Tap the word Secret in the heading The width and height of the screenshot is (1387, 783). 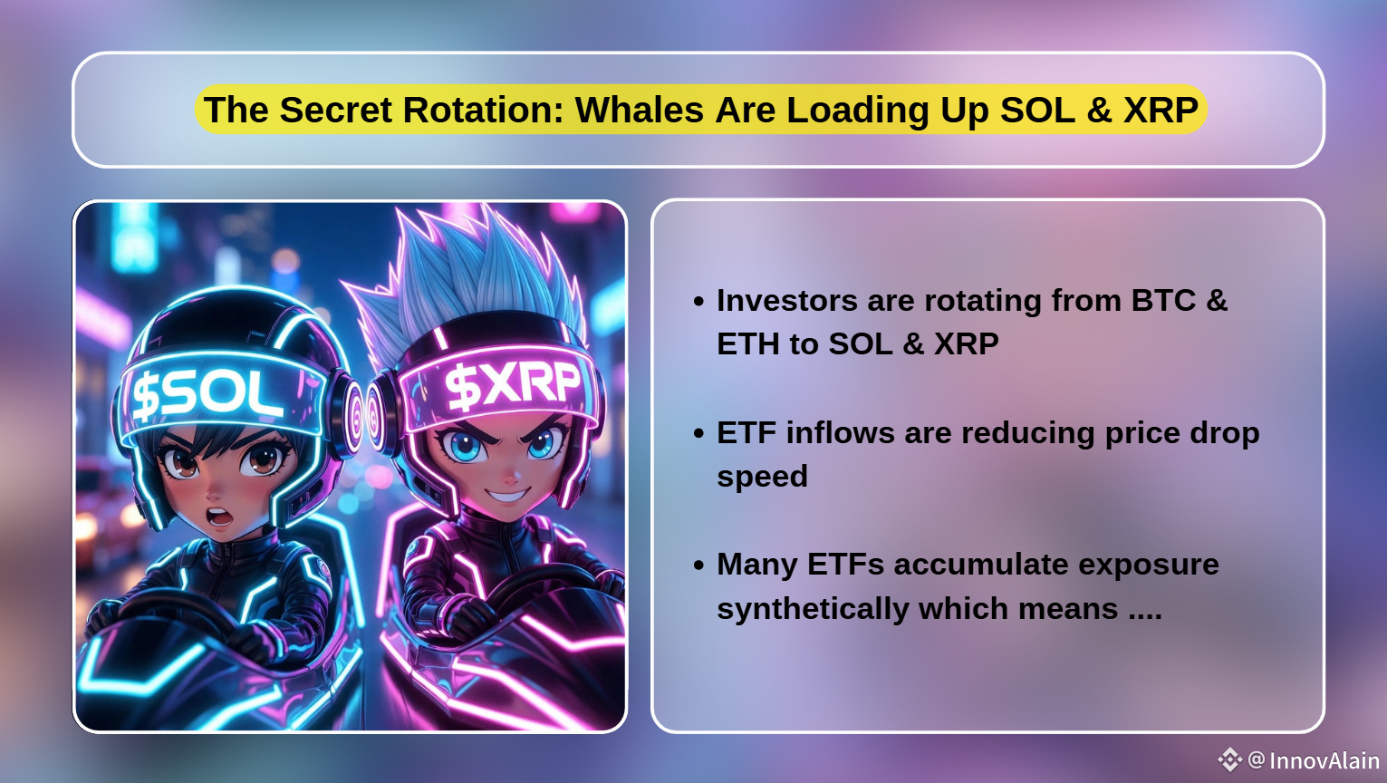tap(335, 110)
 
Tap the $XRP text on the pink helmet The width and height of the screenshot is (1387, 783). tap(513, 385)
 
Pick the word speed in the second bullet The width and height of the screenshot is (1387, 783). tap(762, 477)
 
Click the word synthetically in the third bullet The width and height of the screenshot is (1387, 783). tap(813, 609)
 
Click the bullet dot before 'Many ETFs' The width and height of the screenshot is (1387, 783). tap(699, 565)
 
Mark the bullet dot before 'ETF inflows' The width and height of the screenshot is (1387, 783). tap(699, 433)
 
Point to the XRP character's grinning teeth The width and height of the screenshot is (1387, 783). tap(507, 496)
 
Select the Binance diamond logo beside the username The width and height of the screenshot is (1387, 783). tap(1230, 759)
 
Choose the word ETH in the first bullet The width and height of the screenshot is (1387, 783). tap(748, 343)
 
